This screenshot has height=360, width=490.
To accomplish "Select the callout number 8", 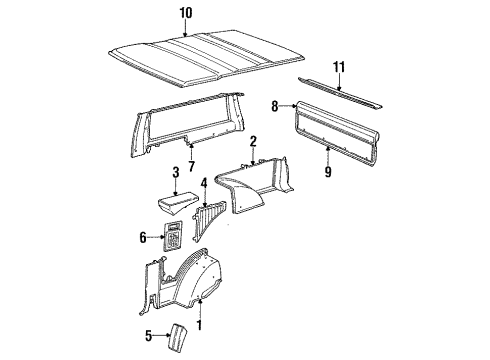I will (275, 103).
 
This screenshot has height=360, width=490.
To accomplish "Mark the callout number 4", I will (204, 184).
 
